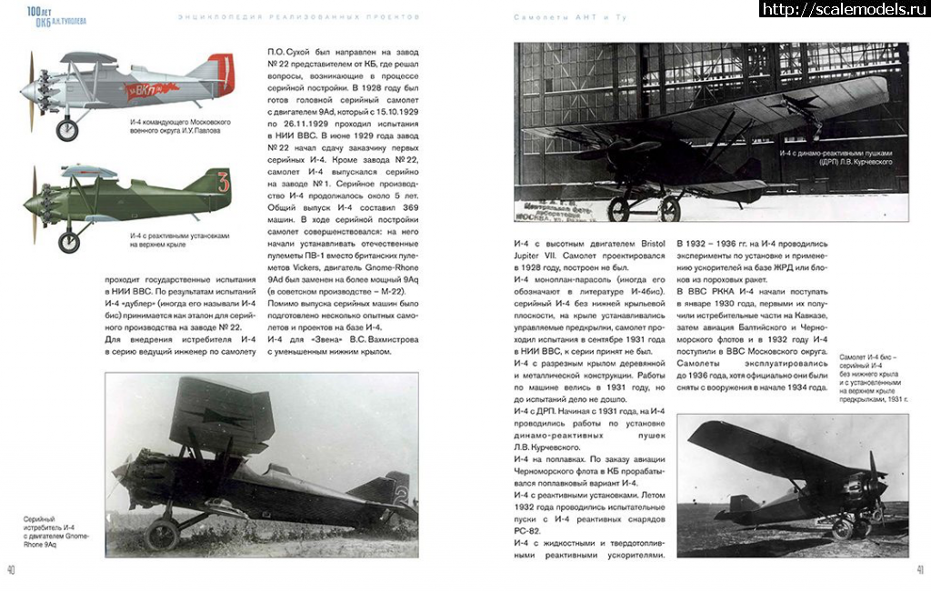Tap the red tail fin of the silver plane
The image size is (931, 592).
pyautogui.click(x=222, y=67)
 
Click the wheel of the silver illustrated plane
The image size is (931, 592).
pyautogui.click(x=67, y=130)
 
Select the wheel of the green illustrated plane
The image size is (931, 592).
pyautogui.click(x=69, y=242)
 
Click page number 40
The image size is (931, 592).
pyautogui.click(x=10, y=570)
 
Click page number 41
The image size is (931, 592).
pyautogui.click(x=920, y=570)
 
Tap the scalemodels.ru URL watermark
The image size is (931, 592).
pyautogui.click(x=843, y=9)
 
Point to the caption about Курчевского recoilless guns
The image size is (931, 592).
pyautogui.click(x=836, y=157)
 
